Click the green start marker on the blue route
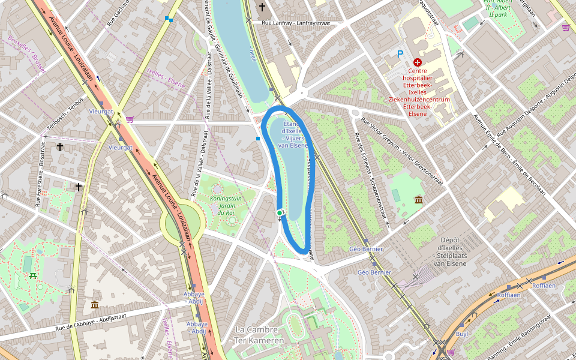point(280,213)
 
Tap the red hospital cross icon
point(418,62)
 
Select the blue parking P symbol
point(400,54)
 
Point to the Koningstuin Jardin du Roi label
point(226,205)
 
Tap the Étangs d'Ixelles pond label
point(294,135)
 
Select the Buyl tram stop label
point(462,334)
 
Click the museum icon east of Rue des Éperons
point(418,199)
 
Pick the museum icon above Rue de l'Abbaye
point(95,305)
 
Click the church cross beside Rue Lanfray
point(262,7)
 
